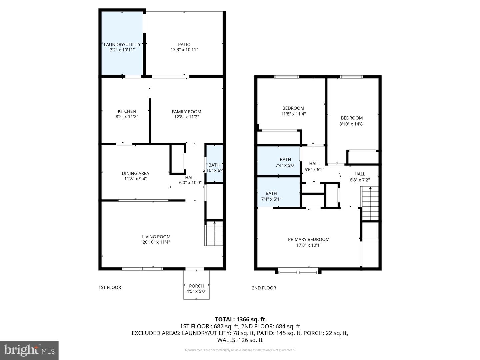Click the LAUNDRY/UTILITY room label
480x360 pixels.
click(x=122, y=44)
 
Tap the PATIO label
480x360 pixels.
click(x=184, y=44)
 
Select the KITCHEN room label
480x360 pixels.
click(x=127, y=111)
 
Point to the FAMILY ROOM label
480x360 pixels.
click(x=186, y=112)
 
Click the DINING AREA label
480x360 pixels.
click(x=135, y=173)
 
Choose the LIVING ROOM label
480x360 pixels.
click(x=156, y=237)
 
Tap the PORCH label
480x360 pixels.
click(x=196, y=286)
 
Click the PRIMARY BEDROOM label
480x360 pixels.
click(x=309, y=239)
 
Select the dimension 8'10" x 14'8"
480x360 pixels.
click(x=352, y=124)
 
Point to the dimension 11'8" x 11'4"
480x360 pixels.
click(x=293, y=114)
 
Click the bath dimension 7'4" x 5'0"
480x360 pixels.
click(x=285, y=165)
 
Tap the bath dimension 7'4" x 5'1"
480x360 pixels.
click(x=271, y=199)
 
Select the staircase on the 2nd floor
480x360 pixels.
click(x=370, y=203)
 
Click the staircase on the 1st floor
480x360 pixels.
click(x=214, y=233)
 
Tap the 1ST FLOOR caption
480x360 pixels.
click(x=110, y=287)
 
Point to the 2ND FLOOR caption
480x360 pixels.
click(x=264, y=288)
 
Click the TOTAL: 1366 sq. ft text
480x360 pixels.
click(x=240, y=319)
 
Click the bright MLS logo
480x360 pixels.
click(x=29, y=350)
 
